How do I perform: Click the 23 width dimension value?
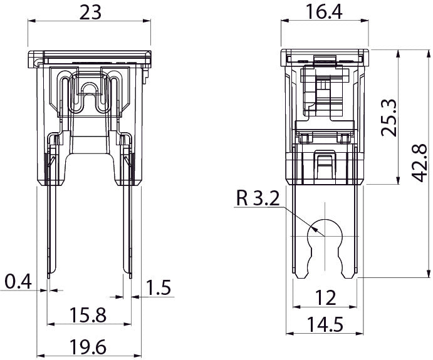point(90,13)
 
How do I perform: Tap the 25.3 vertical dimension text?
point(389,118)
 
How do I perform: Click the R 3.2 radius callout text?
point(258,198)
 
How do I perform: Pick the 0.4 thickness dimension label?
point(19,282)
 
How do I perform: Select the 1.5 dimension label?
point(159,287)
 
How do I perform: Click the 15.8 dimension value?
point(88,315)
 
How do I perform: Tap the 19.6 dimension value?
point(88,347)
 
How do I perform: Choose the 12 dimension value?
point(325,298)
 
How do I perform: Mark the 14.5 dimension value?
point(325,324)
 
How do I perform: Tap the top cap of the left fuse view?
point(90,59)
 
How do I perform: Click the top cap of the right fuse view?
point(325,58)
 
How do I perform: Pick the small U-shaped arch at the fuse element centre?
point(89,89)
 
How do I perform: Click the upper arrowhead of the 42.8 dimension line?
point(428,53)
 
